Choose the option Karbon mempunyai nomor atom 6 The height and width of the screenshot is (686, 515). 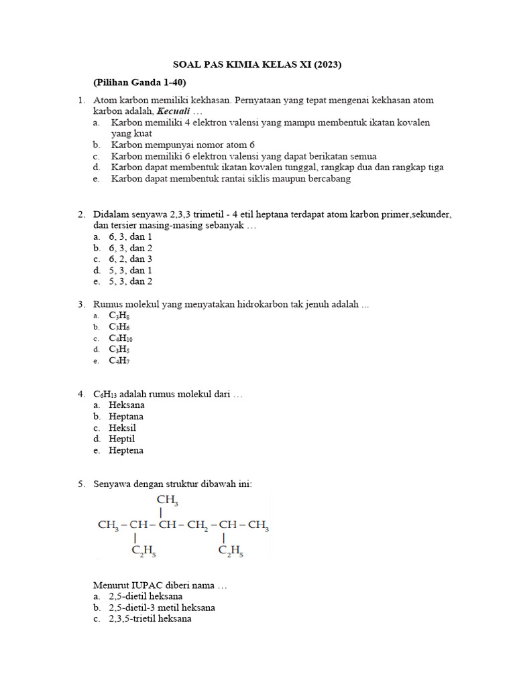click(x=182, y=145)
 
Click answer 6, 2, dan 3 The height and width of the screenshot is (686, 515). click(x=131, y=259)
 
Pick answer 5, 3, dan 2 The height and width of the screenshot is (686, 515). click(x=131, y=282)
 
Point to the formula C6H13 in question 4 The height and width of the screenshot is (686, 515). click(x=104, y=394)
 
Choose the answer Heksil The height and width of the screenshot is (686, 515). click(x=123, y=428)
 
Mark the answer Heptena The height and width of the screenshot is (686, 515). click(x=126, y=451)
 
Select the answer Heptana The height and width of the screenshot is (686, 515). click(x=126, y=417)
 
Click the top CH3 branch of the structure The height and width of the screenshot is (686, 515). click(x=167, y=500)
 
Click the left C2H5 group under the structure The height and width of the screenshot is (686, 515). click(x=144, y=551)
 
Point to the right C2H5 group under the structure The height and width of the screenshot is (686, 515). click(x=231, y=551)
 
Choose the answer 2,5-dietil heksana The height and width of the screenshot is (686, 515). click(x=146, y=596)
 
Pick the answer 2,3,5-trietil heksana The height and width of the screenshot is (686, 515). click(x=150, y=619)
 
